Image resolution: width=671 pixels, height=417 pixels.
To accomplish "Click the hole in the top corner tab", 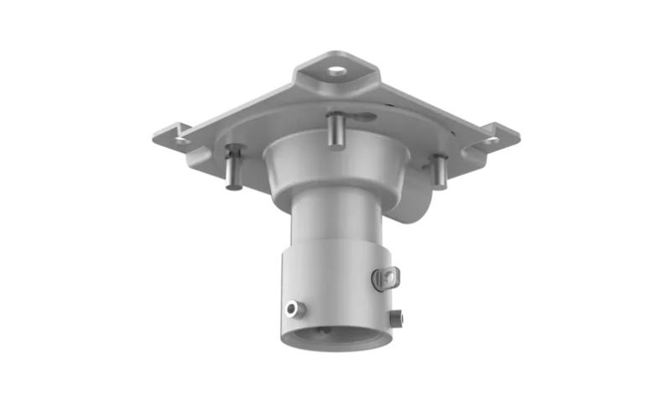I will pyautogui.click(x=336, y=71).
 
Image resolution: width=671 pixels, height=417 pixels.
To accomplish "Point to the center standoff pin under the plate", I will pyautogui.click(x=335, y=130).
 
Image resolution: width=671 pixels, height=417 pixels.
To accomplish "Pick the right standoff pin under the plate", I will pyautogui.click(x=439, y=171).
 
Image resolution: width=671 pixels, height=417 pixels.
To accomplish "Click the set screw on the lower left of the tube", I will pyautogui.click(x=292, y=309).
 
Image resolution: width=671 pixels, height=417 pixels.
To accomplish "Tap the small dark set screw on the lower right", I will pyautogui.click(x=396, y=318).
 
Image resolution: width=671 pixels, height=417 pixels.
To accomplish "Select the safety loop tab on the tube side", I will pyautogui.click(x=386, y=278).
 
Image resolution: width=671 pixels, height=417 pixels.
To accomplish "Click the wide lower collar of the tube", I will pyautogui.click(x=335, y=285).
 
